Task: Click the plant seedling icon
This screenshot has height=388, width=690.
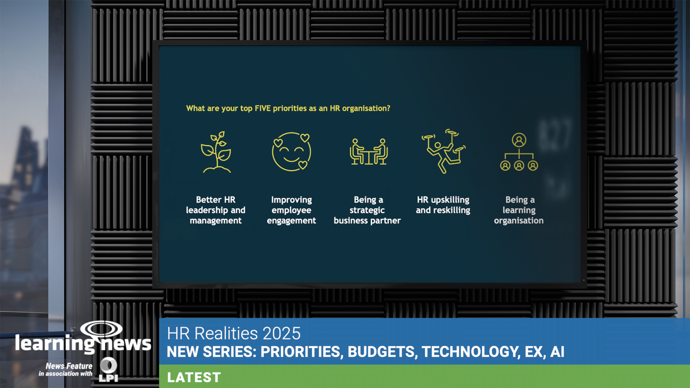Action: pos(216,152)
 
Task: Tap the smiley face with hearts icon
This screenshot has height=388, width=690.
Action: pos(291,152)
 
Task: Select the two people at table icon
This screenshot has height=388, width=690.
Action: pos(368,152)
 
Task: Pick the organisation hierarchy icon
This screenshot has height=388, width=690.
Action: pos(519,152)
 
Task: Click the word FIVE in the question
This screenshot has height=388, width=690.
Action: pos(262,108)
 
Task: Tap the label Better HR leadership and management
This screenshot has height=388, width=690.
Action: pos(216,210)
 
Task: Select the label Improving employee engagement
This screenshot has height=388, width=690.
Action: pos(291,210)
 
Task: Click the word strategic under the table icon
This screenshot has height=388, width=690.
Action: pos(367,210)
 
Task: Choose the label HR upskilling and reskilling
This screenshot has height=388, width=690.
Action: pos(443,205)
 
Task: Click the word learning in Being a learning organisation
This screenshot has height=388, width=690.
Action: pos(519,210)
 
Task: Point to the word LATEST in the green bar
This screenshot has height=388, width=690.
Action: pos(194,378)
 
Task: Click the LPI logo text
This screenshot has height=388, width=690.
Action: pos(108,378)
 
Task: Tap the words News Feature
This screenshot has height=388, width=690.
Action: pos(69,366)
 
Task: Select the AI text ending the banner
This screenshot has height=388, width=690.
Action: pos(557,352)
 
